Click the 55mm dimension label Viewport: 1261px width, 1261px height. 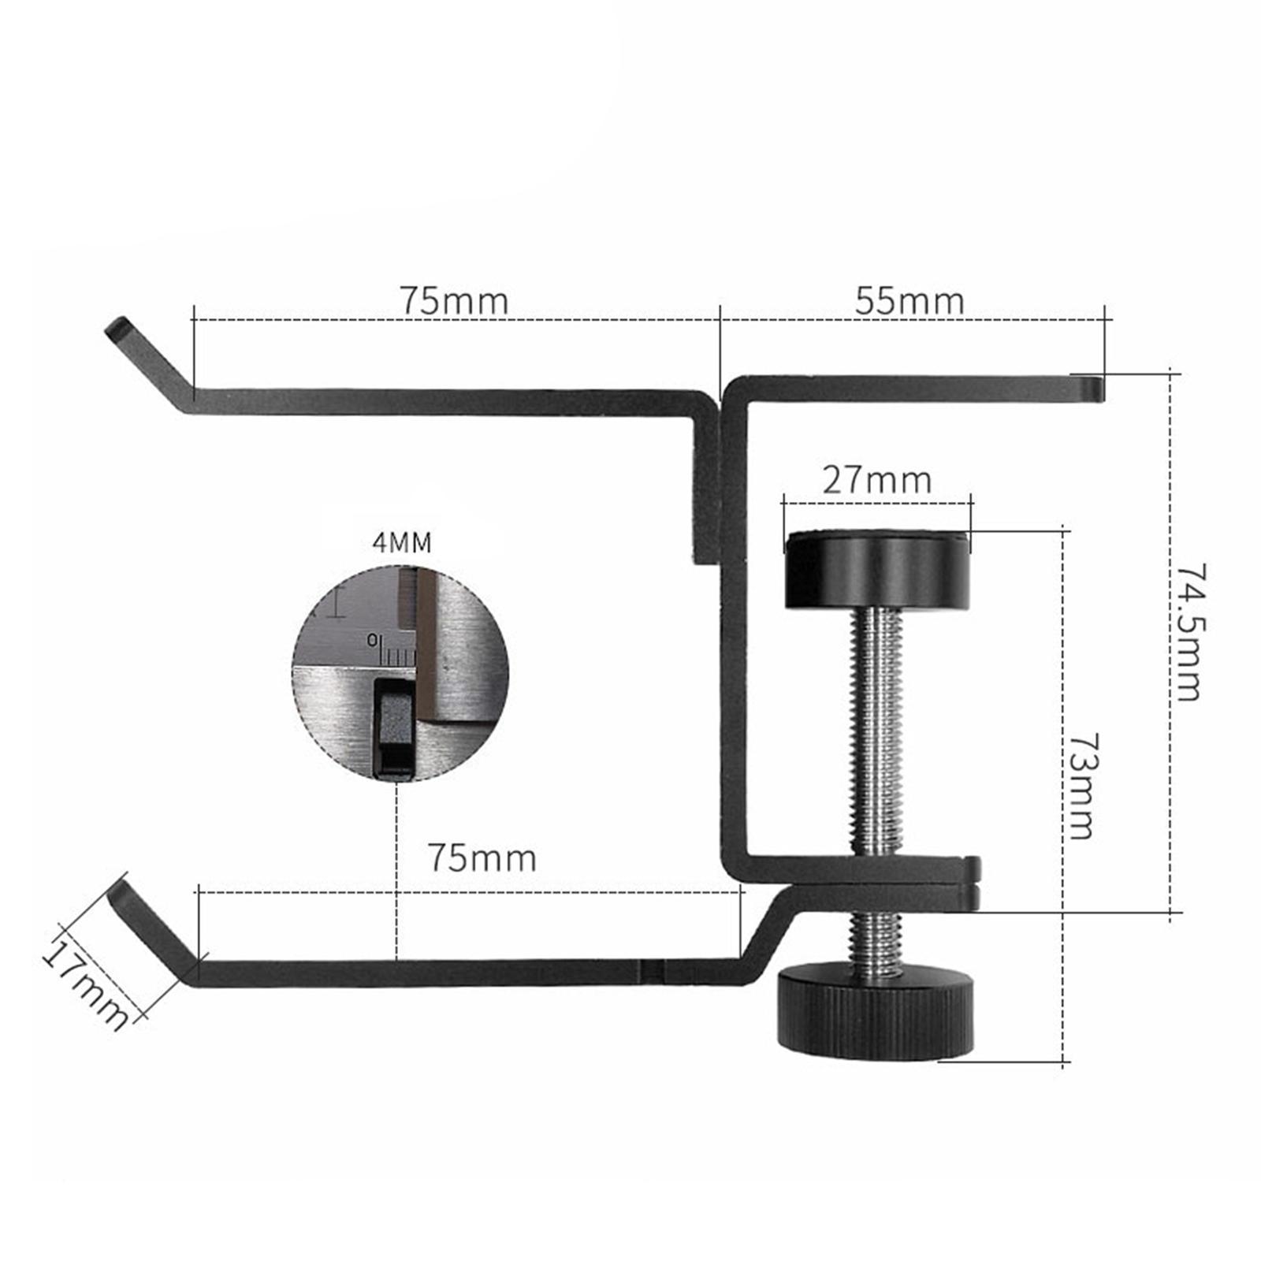coord(909,301)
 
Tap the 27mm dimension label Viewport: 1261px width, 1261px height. coord(876,480)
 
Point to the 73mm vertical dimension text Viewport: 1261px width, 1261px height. coord(1081,786)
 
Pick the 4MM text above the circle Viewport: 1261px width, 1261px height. coord(401,542)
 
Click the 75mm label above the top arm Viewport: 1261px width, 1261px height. coord(454,301)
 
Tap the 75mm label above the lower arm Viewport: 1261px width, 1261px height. coord(482,857)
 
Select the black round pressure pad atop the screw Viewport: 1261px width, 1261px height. coord(876,570)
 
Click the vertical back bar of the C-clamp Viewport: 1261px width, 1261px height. coord(733,630)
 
